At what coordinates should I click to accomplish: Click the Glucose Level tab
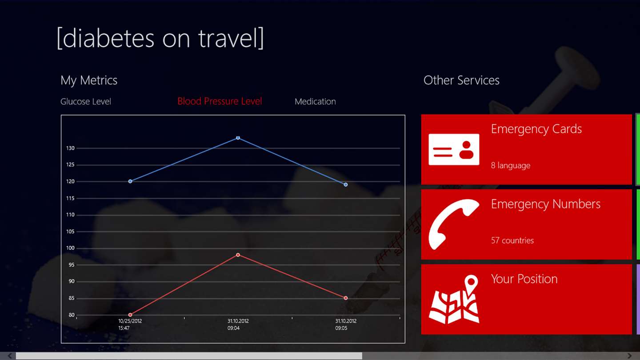(x=86, y=101)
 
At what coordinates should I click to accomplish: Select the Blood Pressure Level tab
(x=220, y=101)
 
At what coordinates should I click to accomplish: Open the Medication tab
(x=315, y=101)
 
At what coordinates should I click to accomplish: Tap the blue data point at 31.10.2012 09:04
(x=238, y=138)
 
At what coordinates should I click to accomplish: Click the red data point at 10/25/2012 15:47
(x=130, y=315)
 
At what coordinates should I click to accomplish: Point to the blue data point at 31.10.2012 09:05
(x=345, y=184)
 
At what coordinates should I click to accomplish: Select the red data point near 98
(x=238, y=255)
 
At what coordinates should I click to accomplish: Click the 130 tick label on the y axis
(x=70, y=148)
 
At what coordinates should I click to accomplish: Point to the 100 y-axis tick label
(x=70, y=248)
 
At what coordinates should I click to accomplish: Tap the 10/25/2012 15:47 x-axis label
(x=130, y=324)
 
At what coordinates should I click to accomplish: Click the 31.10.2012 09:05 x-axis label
(x=346, y=324)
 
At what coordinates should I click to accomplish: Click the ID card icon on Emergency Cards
(x=454, y=149)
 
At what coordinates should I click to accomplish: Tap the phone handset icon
(x=454, y=224)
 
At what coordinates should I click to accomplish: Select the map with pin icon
(x=454, y=299)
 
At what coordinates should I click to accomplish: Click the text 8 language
(x=511, y=165)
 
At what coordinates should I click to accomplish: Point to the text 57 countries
(x=512, y=240)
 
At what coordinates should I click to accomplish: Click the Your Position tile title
(x=524, y=279)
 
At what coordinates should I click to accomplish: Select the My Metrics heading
(x=89, y=80)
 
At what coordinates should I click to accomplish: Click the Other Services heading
(x=461, y=80)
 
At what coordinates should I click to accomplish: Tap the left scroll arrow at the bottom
(x=10, y=356)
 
